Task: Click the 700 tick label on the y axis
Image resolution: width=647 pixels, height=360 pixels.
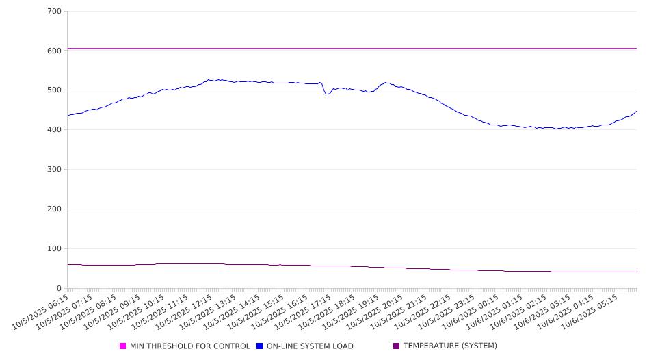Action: (55, 12)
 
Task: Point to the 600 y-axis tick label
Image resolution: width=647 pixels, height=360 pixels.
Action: (55, 51)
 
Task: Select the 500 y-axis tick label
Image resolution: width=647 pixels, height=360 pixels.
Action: (55, 90)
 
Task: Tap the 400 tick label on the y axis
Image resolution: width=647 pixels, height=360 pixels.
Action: (55, 130)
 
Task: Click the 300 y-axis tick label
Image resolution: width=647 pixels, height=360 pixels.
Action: (55, 170)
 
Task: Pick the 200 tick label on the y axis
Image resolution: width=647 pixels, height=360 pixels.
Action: (55, 209)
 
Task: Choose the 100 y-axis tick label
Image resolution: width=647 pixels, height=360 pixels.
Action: (55, 249)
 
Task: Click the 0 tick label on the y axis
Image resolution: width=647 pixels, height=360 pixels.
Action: (60, 289)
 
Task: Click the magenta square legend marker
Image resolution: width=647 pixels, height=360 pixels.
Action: (123, 346)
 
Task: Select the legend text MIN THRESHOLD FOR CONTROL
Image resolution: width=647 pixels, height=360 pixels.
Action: (189, 346)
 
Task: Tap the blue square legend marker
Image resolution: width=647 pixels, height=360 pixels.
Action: (260, 346)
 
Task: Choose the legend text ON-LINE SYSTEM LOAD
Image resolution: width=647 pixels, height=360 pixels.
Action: (310, 346)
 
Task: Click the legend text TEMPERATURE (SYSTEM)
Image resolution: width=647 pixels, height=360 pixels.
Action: (450, 346)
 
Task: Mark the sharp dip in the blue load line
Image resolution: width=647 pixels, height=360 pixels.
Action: (327, 94)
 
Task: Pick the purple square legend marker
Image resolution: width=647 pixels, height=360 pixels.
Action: (397, 346)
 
